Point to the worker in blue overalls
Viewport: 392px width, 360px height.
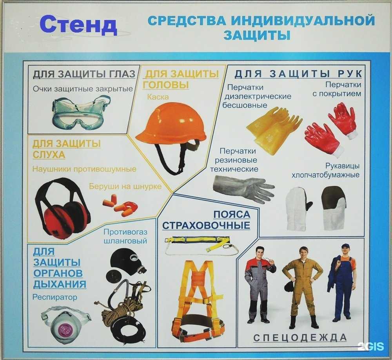pyautogui.click(x=343, y=280)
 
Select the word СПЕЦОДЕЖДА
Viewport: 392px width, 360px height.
pyautogui.click(x=300, y=338)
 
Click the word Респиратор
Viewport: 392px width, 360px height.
pyautogui.click(x=55, y=297)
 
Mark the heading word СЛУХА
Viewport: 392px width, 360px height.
pyautogui.click(x=49, y=155)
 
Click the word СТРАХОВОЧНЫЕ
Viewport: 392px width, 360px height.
pyautogui.click(x=206, y=225)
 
